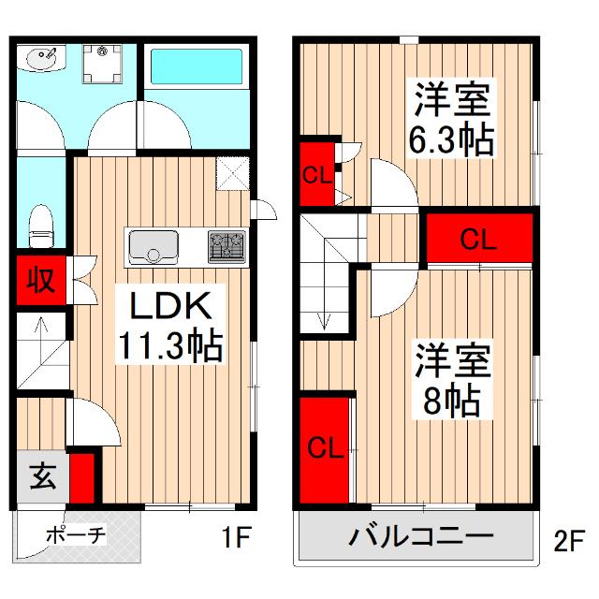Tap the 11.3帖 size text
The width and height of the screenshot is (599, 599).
click(169, 348)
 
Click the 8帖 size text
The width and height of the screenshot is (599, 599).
click(450, 402)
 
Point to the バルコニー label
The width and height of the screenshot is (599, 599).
click(421, 538)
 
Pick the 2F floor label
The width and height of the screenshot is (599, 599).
click(568, 540)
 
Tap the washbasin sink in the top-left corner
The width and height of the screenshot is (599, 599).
click(43, 59)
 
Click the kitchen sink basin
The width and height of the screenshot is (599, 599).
click(150, 246)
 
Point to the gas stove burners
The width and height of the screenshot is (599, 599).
click(226, 246)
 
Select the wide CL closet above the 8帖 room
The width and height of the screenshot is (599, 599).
click(477, 241)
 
